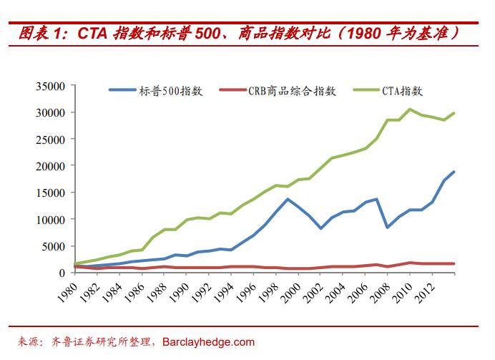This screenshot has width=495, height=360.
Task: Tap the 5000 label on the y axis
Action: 54,246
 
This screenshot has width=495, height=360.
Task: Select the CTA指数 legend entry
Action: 401,91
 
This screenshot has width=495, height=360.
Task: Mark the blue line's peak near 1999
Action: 288,199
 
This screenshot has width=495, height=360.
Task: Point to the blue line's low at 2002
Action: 321,228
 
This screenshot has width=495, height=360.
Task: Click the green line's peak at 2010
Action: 410,110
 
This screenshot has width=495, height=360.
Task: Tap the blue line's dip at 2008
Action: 388,227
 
